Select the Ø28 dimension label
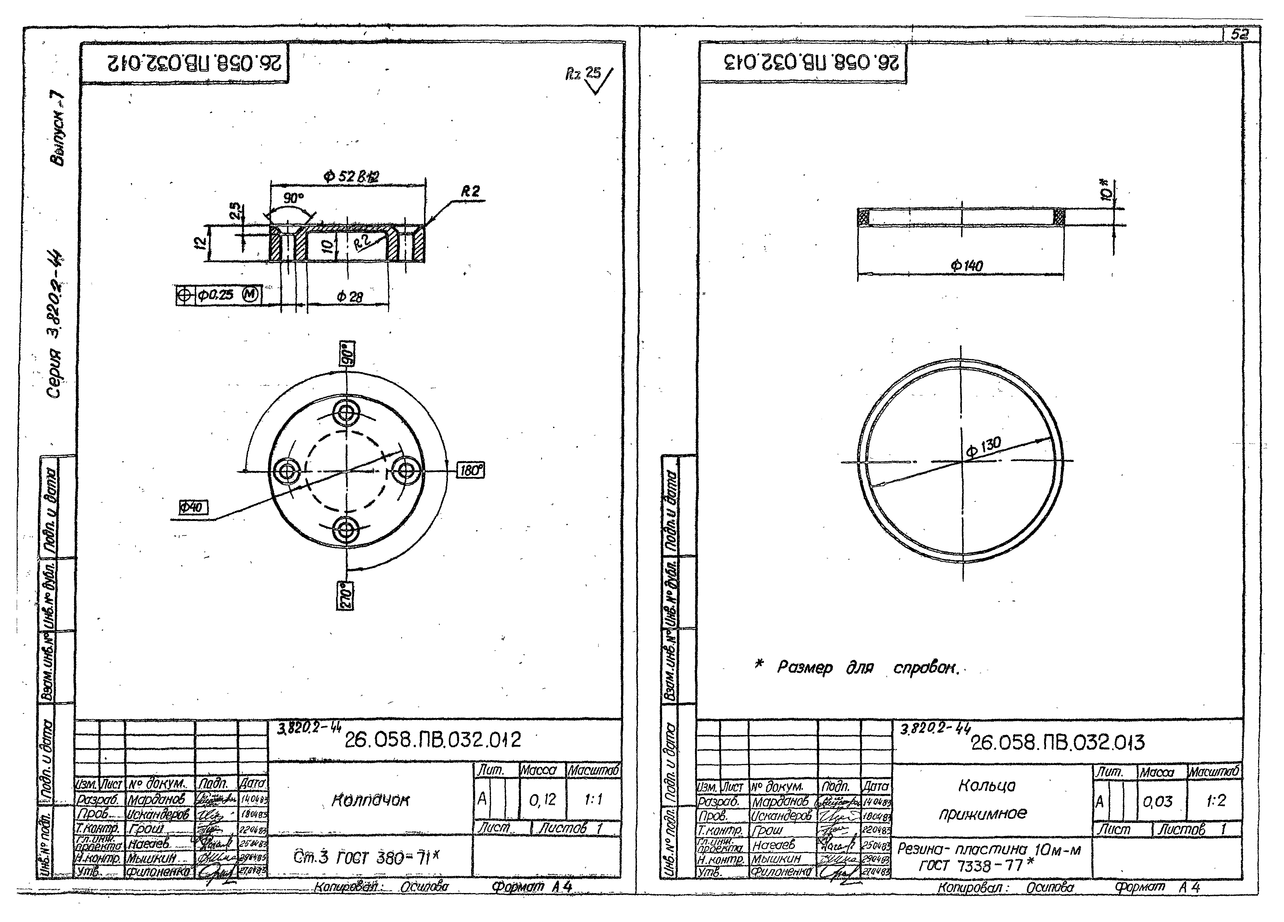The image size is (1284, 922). [350, 297]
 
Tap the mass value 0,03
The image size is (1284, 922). [1158, 801]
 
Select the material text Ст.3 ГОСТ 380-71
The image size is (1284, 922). [366, 858]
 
